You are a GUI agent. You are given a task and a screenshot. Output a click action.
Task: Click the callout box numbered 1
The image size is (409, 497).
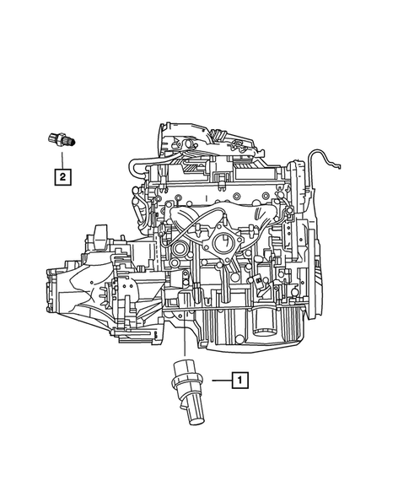239,381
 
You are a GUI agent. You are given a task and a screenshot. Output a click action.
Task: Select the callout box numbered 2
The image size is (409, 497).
62,176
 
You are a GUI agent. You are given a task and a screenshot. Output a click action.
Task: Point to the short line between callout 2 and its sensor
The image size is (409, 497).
62,159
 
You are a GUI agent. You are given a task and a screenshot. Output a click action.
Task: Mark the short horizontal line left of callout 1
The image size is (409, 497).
219,381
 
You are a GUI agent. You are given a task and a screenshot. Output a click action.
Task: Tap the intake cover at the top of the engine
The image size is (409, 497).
207,139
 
